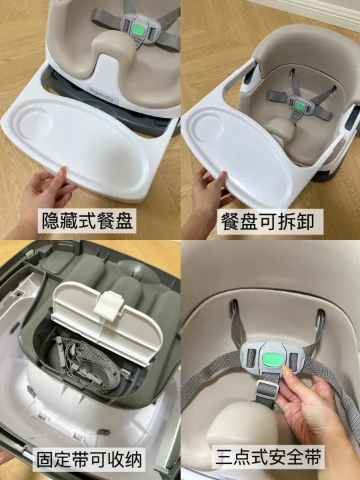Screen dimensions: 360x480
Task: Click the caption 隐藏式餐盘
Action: click(87, 221)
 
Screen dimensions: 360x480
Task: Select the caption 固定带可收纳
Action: click(89, 460)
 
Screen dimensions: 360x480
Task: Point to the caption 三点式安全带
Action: click(268, 457)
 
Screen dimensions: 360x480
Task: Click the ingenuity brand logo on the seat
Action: click(102, 94)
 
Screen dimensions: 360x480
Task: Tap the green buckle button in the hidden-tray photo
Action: click(139, 30)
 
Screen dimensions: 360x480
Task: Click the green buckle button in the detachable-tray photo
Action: click(300, 106)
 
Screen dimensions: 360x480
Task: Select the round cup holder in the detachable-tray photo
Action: click(209, 128)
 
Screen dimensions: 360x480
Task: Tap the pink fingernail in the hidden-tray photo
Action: click(62, 172)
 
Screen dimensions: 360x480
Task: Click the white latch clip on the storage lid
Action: click(109, 306)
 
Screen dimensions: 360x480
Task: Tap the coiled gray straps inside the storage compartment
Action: click(89, 363)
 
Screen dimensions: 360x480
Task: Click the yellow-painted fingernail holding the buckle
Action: click(288, 371)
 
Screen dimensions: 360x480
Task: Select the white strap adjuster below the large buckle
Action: click(267, 389)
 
